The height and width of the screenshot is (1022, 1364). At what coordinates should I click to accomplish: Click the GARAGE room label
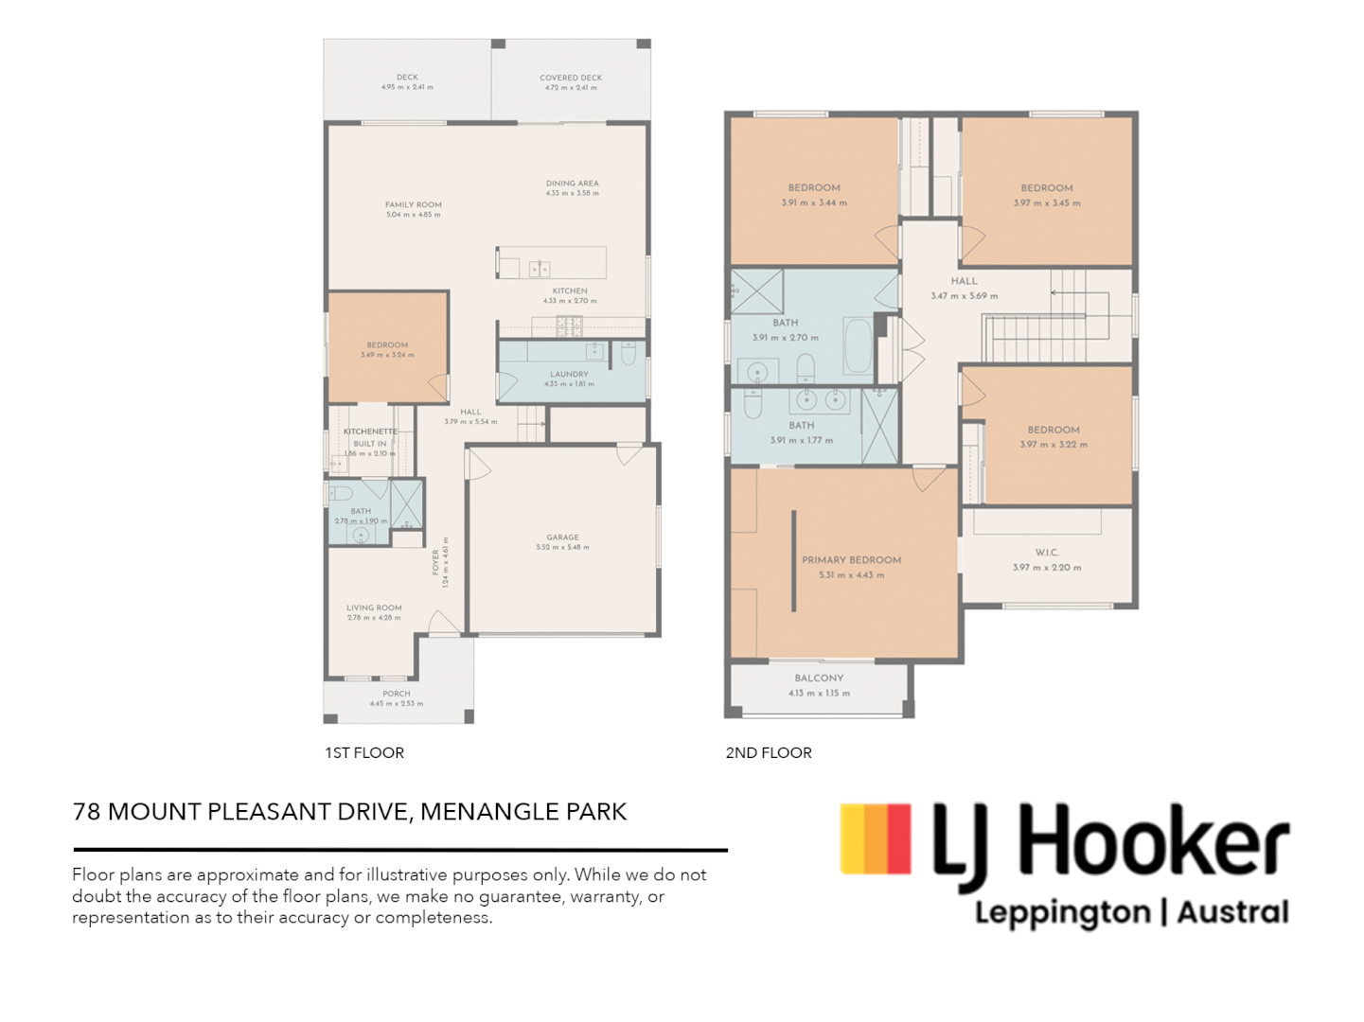(x=562, y=537)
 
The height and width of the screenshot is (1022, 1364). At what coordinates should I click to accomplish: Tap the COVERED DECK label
(x=571, y=78)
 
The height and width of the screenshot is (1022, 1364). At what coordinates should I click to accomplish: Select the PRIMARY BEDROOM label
(x=851, y=560)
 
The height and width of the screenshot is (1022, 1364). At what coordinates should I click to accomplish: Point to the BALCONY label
(x=819, y=678)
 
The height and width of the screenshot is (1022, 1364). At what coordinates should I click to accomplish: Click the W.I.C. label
(x=1047, y=553)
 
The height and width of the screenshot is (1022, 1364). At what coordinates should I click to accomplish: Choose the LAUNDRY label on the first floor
(x=569, y=374)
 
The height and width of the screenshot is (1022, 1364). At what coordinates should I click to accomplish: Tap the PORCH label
(x=397, y=694)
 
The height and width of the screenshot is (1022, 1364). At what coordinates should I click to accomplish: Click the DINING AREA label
(x=572, y=184)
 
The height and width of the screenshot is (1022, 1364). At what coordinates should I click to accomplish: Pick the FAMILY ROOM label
(x=413, y=204)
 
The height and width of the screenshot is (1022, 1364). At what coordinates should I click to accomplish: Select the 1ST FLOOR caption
(x=364, y=753)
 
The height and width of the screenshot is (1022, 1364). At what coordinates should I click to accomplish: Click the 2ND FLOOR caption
(x=769, y=753)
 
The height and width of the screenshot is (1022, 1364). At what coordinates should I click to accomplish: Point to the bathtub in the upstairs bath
(x=858, y=347)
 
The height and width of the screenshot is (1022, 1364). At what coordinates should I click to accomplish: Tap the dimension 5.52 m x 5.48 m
(x=562, y=548)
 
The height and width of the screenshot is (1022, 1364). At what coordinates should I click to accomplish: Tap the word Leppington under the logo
(x=1063, y=913)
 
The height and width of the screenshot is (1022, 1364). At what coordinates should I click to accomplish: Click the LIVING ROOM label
(x=374, y=608)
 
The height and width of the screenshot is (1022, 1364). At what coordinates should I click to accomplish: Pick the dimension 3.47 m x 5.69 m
(x=964, y=296)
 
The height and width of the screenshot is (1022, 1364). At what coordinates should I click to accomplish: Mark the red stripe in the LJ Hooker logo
(x=899, y=839)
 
